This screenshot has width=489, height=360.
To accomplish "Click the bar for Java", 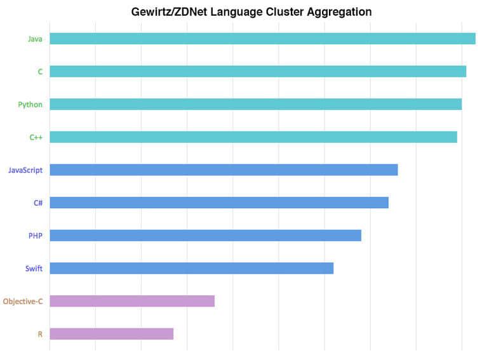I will tap(262, 39).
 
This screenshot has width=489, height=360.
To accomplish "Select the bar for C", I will tap(258, 72).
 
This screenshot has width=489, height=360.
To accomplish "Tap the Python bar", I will tap(255, 104).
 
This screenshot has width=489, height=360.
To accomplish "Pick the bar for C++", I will tap(253, 137).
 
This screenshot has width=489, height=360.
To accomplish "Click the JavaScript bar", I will tap(224, 170).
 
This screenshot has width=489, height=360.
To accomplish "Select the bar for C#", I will tap(219, 203).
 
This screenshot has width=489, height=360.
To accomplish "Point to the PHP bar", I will tap(205, 236).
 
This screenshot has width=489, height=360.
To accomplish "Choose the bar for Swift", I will tap(191, 268).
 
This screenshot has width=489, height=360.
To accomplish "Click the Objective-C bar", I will tap(132, 301).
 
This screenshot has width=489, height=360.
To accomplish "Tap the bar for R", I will tap(111, 333).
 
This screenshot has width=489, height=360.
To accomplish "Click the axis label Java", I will tap(35, 39).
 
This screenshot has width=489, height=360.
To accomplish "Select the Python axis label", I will tap(30, 105).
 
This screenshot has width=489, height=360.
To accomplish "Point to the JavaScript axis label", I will tap(25, 170).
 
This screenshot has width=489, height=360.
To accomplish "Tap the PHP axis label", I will tap(36, 236).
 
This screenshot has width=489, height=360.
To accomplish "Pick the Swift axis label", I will tap(34, 269).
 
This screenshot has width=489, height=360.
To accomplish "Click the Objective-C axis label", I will tap(23, 302).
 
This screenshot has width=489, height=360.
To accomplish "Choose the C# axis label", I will tap(38, 203).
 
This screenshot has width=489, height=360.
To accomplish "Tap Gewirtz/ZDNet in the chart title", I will tap(170, 12).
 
